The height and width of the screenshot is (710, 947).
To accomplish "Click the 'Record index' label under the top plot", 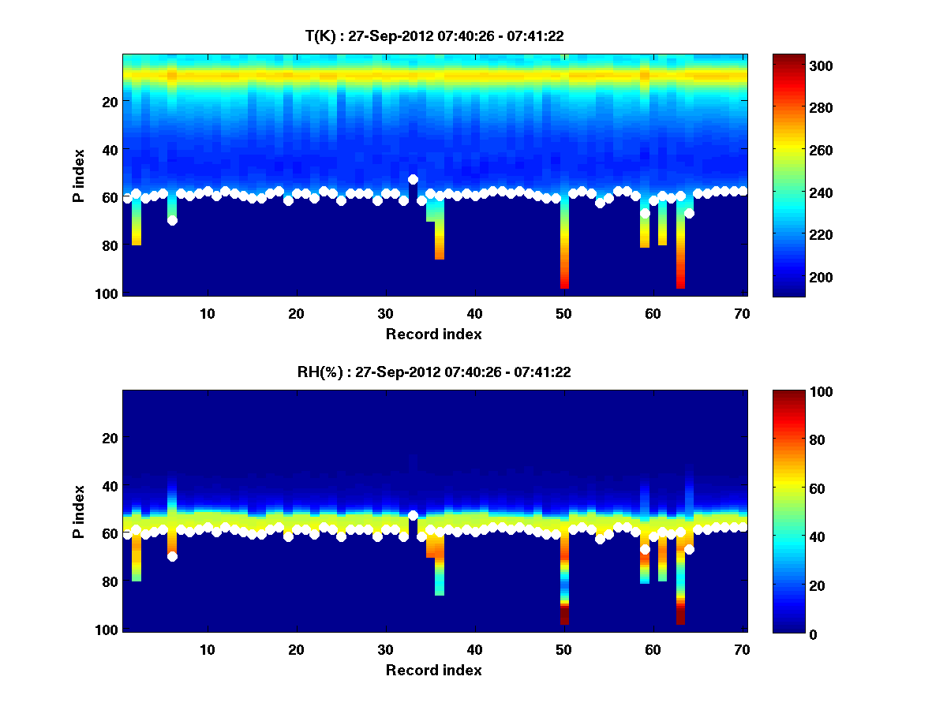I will tap(433, 334).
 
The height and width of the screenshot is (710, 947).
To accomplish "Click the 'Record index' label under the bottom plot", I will tap(433, 670).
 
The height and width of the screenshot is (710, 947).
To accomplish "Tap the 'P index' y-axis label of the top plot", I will tap(79, 175).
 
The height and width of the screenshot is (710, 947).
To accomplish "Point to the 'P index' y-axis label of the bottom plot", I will tap(79, 511).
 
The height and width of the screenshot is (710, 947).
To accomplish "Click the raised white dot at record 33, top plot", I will tap(413, 180).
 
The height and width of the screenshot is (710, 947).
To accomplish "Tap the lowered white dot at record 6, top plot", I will tap(172, 220).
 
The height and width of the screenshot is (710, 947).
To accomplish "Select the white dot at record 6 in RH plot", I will tap(172, 556).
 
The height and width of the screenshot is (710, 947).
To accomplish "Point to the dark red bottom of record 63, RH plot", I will tap(680, 616).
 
